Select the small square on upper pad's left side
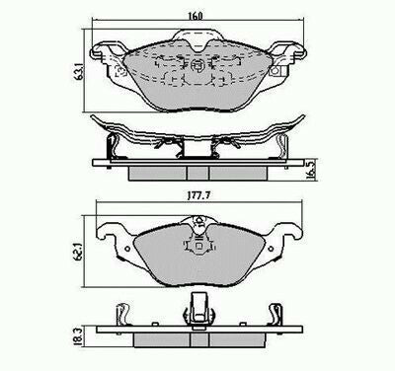click(121, 71)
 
